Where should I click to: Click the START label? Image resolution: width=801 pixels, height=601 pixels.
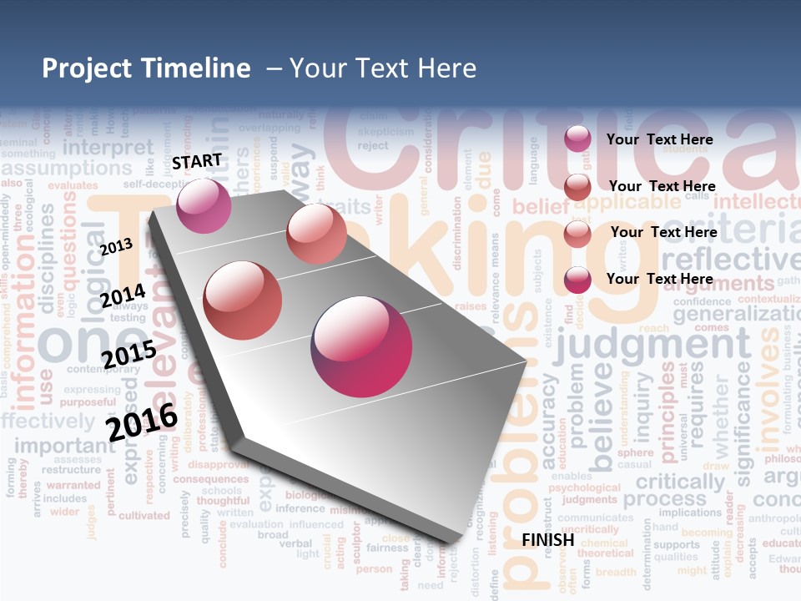[x=197, y=160]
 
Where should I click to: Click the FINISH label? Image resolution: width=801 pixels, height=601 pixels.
[x=548, y=540]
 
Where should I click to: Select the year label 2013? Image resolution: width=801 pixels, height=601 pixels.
[x=116, y=246]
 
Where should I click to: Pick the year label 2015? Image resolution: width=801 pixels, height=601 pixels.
[x=128, y=354]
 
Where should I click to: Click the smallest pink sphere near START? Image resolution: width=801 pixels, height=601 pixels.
[x=204, y=205]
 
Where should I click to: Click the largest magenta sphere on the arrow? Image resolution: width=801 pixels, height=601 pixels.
[x=361, y=346]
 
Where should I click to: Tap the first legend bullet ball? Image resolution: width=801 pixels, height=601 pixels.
[x=577, y=139]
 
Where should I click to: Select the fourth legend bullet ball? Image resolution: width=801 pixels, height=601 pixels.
[x=577, y=280]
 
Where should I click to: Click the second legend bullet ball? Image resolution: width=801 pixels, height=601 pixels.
[x=577, y=187]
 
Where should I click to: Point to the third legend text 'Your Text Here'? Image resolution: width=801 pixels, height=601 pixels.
[x=663, y=232]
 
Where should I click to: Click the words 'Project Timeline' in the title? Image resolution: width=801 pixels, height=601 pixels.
[x=146, y=68]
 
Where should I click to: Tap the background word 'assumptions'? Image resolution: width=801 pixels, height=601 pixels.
[x=67, y=168]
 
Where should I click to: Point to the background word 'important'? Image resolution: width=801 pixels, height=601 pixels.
[x=65, y=445]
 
